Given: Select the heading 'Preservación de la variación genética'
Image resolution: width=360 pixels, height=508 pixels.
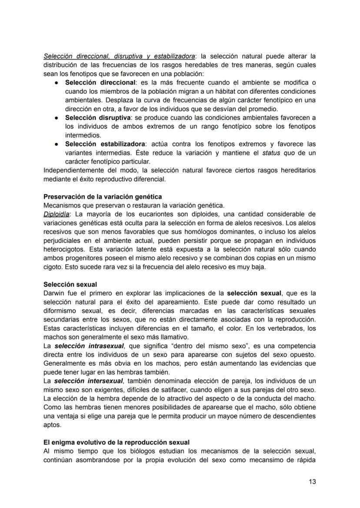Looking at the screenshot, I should (103, 197).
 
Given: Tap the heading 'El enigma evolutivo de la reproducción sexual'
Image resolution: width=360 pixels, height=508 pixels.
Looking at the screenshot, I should (116, 442).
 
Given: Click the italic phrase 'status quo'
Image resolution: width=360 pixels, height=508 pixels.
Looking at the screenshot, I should (277, 153).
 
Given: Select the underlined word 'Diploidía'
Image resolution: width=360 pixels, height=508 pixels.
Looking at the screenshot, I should (57, 214).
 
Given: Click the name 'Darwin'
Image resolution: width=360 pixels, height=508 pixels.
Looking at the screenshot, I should (54, 293).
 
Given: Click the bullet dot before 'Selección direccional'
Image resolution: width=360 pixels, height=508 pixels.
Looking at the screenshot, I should (57, 83).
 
